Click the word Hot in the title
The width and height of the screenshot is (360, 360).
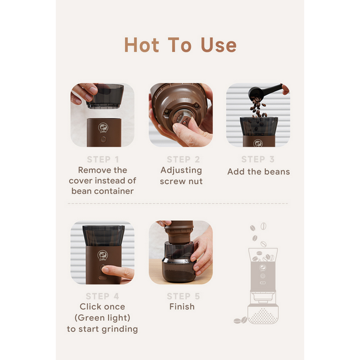pyautogui.click(x=142, y=45)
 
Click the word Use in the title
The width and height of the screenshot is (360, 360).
pyautogui.click(x=218, y=45)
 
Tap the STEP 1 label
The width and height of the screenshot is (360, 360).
pyautogui.click(x=103, y=160)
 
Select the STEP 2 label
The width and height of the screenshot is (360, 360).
pyautogui.click(x=183, y=160)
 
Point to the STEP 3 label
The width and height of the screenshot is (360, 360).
pyautogui.click(x=258, y=159)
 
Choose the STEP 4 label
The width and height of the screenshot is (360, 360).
pyautogui.click(x=103, y=296)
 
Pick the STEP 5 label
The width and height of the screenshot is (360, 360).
pyautogui.click(x=183, y=296)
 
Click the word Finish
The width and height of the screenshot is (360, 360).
pyautogui.click(x=182, y=307)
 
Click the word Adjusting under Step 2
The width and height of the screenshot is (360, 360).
pyautogui.click(x=181, y=170)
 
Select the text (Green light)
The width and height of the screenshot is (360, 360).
pyautogui.click(x=103, y=318)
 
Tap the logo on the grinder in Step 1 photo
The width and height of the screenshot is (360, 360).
pyautogui.click(x=103, y=128)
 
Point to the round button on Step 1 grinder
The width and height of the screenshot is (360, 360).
pyautogui.click(x=103, y=139)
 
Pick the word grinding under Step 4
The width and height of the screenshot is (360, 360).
pyautogui.click(x=119, y=329)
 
